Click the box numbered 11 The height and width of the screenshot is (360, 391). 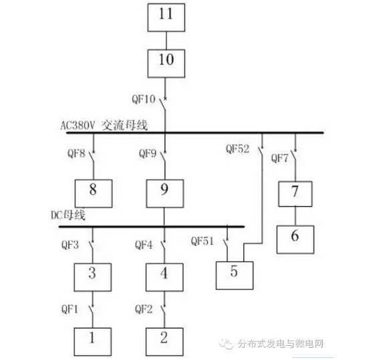(x=166, y=17)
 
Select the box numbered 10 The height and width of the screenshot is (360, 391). (x=166, y=64)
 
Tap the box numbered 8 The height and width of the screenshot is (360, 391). (x=94, y=193)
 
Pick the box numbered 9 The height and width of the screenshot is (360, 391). (x=165, y=193)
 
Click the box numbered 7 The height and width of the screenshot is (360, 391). (x=295, y=194)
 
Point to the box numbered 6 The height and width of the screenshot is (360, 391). (x=295, y=240)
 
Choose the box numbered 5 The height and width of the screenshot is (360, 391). (x=235, y=276)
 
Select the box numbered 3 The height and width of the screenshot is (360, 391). (x=93, y=277)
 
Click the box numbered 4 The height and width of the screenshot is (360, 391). (x=164, y=277)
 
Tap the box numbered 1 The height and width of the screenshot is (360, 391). (x=93, y=342)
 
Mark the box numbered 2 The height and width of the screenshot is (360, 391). (x=164, y=342)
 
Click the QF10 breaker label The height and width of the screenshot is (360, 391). (x=144, y=99)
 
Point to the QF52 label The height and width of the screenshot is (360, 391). (x=237, y=149)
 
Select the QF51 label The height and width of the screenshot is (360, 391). (x=203, y=241)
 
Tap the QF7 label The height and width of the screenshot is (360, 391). (x=279, y=158)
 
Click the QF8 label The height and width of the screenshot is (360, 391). (x=76, y=153)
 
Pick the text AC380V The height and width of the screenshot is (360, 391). (x=78, y=126)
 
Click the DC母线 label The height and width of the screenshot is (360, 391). (x=68, y=215)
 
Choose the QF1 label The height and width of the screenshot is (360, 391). (x=70, y=310)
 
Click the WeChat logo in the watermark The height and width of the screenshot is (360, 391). (x=226, y=345)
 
